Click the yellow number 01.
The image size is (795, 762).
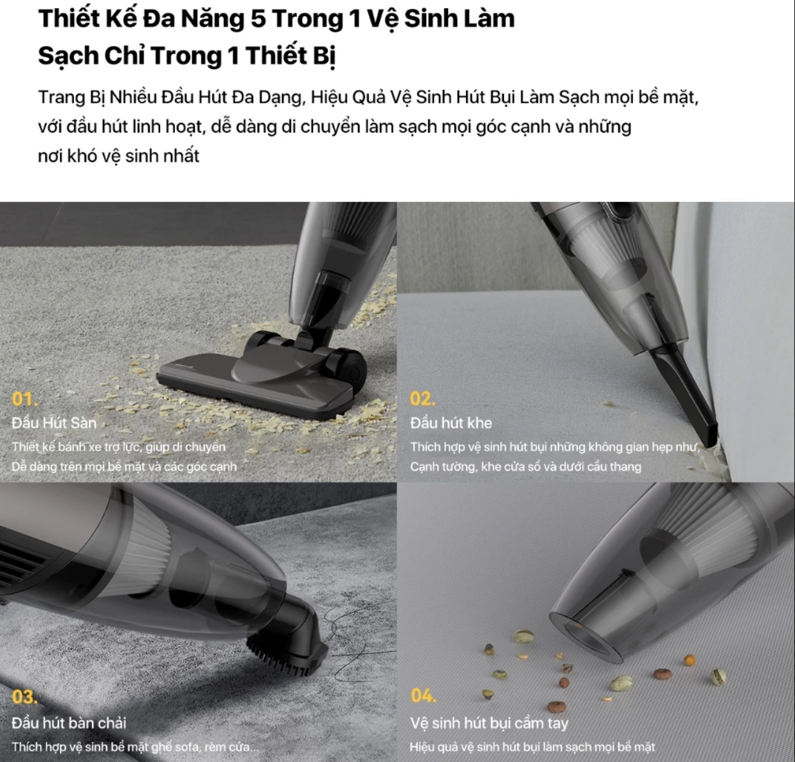(24, 399)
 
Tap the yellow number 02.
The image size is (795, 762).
(423, 399)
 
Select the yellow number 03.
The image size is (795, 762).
(24, 696)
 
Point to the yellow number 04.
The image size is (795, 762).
(424, 695)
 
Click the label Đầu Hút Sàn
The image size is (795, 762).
(54, 422)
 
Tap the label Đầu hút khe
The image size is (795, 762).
(451, 422)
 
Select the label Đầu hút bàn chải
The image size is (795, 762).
(69, 723)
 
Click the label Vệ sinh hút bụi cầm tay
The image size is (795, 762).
(489, 723)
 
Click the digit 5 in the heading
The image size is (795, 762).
(258, 19)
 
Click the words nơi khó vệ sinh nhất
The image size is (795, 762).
(118, 156)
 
